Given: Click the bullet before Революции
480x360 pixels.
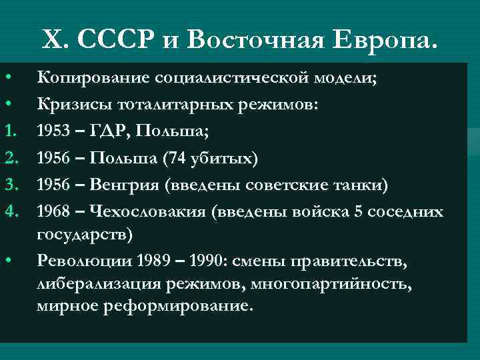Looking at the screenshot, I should [x=9, y=260].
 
